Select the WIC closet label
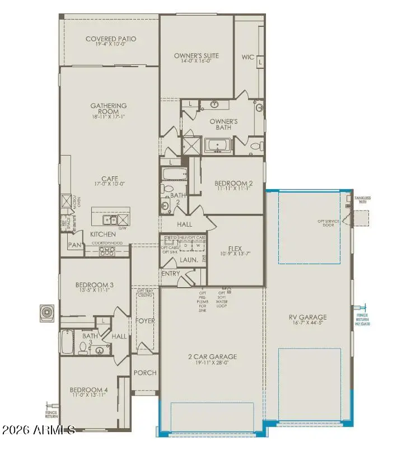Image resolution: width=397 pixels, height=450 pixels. pos(247,57)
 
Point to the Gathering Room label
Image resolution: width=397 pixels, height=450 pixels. pos(109,109)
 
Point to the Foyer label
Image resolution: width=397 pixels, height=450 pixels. pos(145,321)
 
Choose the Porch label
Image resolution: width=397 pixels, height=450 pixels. pos(144,373)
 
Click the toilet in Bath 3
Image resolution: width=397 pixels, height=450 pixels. pos(82,348)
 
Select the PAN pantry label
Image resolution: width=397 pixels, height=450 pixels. pos(74,245)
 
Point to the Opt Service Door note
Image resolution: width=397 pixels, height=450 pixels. pos(330,222)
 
